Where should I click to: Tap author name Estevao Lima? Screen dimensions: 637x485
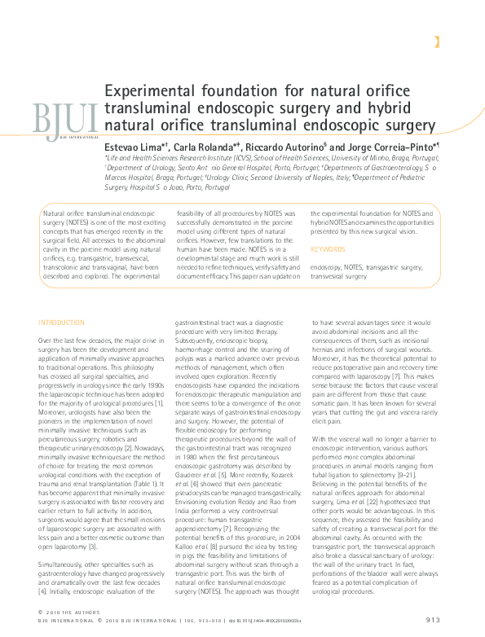(x=131, y=145)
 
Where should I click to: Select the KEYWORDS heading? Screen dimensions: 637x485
(x=328, y=249)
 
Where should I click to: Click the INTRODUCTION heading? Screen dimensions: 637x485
(x=61, y=323)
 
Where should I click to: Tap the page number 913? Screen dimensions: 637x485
(x=433, y=620)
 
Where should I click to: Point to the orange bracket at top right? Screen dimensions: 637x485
(x=437, y=42)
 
